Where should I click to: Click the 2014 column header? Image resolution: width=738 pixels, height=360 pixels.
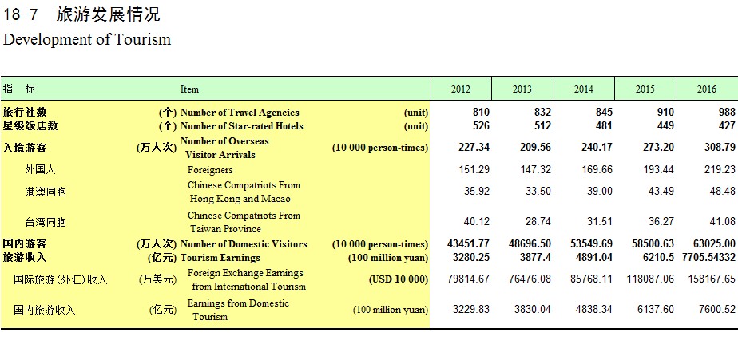click(584, 89)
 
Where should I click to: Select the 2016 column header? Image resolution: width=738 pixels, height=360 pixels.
click(707, 89)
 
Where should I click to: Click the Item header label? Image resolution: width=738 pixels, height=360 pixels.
click(189, 89)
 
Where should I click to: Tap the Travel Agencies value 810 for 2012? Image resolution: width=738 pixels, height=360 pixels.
click(481, 112)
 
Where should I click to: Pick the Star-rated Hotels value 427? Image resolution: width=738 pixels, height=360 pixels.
click(727, 125)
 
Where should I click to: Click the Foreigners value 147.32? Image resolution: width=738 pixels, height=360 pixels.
click(535, 169)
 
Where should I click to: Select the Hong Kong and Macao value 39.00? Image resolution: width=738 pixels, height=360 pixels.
click(597, 191)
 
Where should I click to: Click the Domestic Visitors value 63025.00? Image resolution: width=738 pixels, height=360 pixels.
click(714, 243)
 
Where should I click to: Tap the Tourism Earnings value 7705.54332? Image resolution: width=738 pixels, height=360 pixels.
click(708, 257)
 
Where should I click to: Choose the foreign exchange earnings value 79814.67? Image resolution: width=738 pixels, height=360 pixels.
click(468, 279)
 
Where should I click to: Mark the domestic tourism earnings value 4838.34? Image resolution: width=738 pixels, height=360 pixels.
click(591, 309)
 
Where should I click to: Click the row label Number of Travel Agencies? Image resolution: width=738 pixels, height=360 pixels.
click(240, 113)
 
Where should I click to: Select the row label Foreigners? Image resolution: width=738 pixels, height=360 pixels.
click(210, 170)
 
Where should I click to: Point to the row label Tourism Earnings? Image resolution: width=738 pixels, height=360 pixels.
click(220, 258)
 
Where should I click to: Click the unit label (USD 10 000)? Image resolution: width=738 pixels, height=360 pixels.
click(399, 279)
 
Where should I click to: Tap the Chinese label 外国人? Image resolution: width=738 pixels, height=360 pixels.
click(40, 170)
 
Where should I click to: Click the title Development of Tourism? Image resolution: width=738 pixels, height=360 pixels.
click(87, 39)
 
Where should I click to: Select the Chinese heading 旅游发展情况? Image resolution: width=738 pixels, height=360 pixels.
click(109, 14)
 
